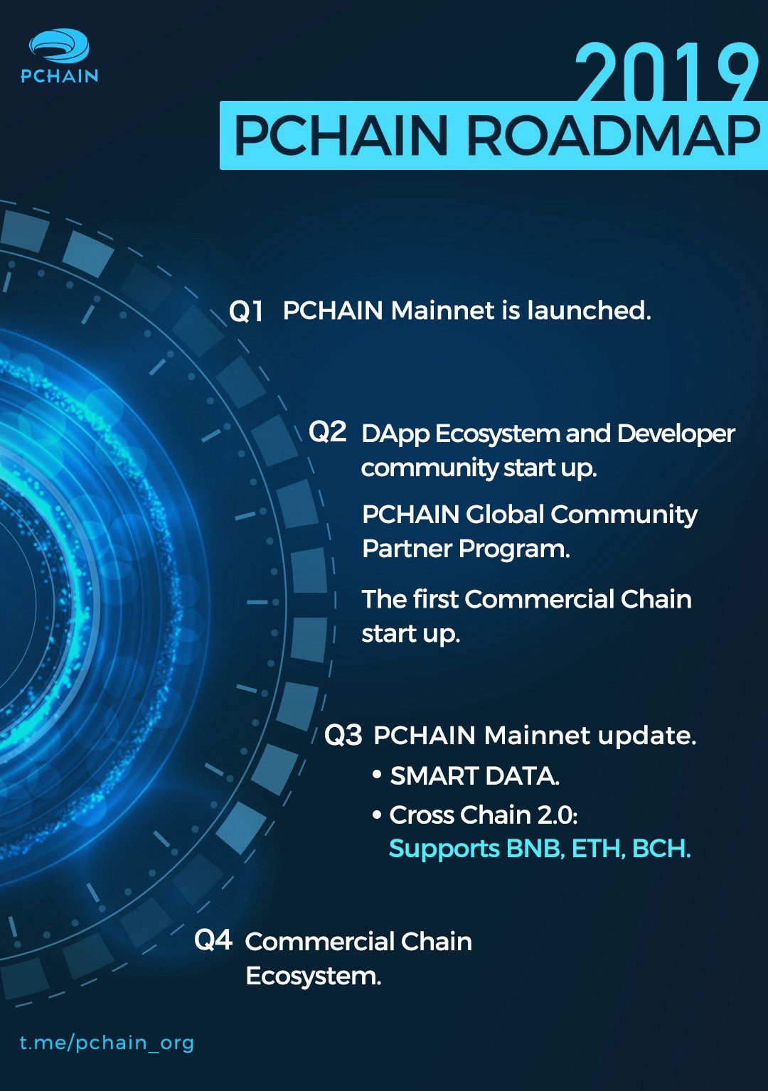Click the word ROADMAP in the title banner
614,136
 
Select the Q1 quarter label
246,311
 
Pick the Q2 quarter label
328,431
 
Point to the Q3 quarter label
343,735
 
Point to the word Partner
407,549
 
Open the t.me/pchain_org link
107,1042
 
